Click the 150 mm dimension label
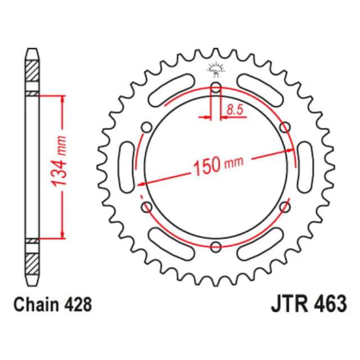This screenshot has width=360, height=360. (x=218, y=165)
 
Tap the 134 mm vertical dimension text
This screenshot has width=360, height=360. (x=59, y=161)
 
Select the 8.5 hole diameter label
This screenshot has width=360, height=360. (x=235, y=110)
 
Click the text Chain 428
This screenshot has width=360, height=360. (x=52, y=304)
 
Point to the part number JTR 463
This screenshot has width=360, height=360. (x=309, y=304)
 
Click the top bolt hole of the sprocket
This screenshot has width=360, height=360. (x=216, y=87)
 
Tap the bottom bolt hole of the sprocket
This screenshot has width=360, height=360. (x=216, y=247)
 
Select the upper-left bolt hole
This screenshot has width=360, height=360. (x=146, y=127)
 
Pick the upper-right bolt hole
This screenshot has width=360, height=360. (x=285, y=127)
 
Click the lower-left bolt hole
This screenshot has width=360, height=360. (x=146, y=207)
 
